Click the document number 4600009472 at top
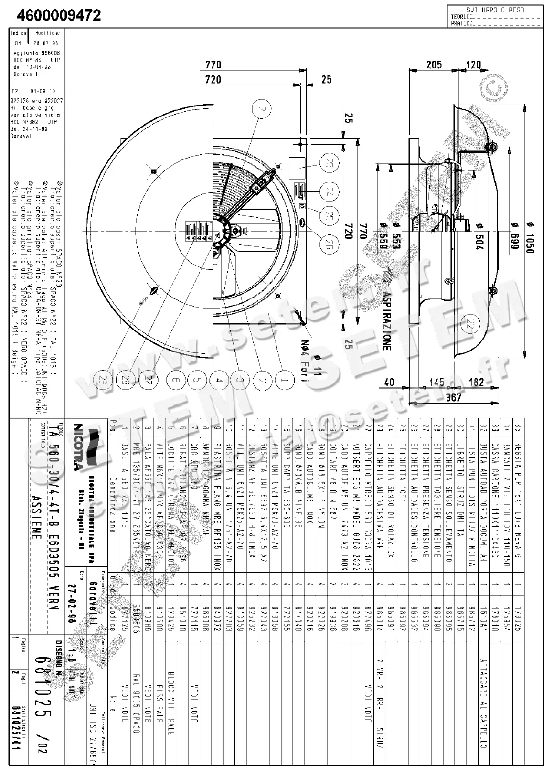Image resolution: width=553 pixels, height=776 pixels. pyautogui.click(x=59, y=16)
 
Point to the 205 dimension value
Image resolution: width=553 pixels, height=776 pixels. pyautogui.click(x=434, y=64)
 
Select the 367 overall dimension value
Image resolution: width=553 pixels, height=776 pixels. pyautogui.click(x=452, y=397)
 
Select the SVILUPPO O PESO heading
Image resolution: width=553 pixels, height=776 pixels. pyautogui.click(x=495, y=10)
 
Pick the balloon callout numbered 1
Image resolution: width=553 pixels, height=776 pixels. pyautogui.click(x=285, y=380)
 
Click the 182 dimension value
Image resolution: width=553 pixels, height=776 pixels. pyautogui.click(x=477, y=382)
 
